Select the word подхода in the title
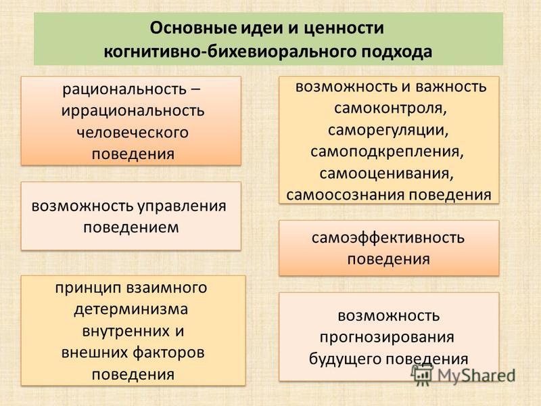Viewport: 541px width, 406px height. pos(397,52)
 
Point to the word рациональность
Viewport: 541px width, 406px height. pos(124,90)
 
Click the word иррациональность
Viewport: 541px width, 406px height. pos(133,111)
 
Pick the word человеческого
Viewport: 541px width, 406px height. pos(133,132)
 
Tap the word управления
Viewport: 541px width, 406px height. pos(182,206)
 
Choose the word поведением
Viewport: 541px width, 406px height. pos(131,227)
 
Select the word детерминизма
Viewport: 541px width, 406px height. pos(131,310)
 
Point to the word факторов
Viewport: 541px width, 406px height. pos(168,353)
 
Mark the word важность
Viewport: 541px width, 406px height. pos(450,87)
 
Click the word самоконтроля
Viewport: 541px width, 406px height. pos(390,108)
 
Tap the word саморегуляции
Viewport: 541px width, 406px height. pos(388,131)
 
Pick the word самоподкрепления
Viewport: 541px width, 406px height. pos(387,152)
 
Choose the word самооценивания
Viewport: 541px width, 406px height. pos(386,174)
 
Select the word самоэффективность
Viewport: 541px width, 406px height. pos(388,238)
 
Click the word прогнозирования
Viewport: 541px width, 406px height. pos(387,337)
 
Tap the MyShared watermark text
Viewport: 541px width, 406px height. pos(476,376)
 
